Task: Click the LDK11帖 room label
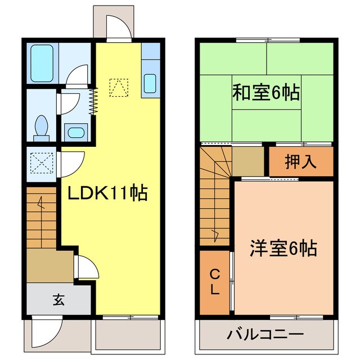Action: [x=107, y=194]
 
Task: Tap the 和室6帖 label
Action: [x=265, y=92]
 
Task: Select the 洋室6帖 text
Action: [x=283, y=247]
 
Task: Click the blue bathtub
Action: [x=42, y=63]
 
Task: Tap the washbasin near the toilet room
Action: [x=75, y=133]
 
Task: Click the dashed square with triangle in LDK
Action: [x=119, y=87]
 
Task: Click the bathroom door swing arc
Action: [x=77, y=75]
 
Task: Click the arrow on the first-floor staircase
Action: [x=40, y=203]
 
